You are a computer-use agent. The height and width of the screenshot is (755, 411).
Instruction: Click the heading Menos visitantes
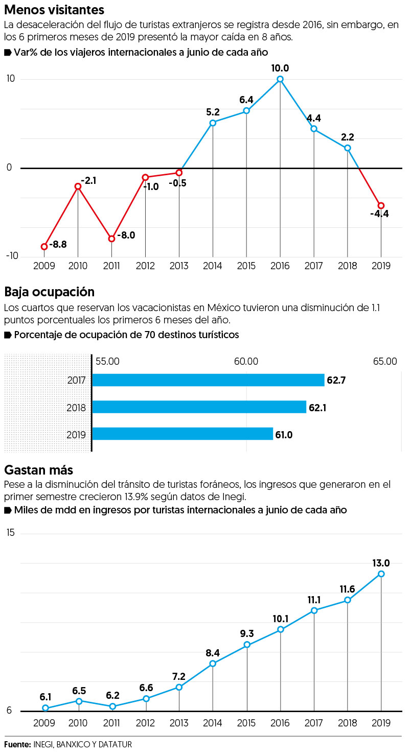(x=54, y=9)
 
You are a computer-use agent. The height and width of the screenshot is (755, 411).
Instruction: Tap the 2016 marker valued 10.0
(x=280, y=79)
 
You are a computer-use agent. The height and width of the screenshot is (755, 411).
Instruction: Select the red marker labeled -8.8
(x=44, y=247)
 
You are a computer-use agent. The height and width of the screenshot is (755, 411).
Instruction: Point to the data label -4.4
(x=379, y=214)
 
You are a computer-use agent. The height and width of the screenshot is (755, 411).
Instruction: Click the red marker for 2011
(x=111, y=239)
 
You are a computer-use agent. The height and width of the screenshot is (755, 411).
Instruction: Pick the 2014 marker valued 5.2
(x=213, y=123)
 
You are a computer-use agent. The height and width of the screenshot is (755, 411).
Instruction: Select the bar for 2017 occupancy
(x=208, y=380)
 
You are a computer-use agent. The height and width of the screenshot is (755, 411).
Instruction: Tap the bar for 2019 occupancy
(x=182, y=434)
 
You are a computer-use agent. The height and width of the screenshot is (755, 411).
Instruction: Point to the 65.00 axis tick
(x=384, y=362)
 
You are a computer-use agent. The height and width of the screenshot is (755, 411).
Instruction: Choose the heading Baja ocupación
(x=49, y=292)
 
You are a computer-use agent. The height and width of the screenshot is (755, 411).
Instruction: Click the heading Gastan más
(x=39, y=469)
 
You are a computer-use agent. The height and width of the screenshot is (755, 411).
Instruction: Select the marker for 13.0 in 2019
(x=381, y=574)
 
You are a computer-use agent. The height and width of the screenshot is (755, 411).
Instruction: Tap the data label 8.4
(x=213, y=653)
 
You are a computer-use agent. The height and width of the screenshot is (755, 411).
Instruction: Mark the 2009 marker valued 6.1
(x=45, y=708)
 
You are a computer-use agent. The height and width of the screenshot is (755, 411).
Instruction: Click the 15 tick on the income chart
(x=10, y=533)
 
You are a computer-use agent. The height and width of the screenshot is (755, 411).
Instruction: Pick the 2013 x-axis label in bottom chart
(x=179, y=723)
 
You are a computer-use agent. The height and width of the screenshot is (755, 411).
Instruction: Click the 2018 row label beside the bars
(x=76, y=407)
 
